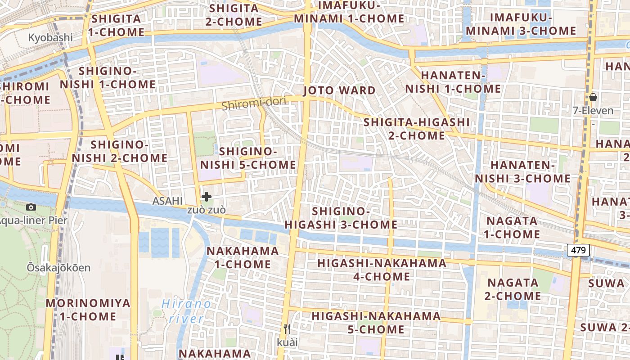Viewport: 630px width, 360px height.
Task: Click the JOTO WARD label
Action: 339,90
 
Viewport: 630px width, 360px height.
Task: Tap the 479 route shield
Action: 578,250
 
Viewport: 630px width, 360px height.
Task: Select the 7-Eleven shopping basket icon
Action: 593,97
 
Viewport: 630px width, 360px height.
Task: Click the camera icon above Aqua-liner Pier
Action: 31,207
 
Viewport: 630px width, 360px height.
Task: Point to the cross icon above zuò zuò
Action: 207,197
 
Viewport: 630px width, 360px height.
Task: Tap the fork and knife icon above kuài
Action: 287,329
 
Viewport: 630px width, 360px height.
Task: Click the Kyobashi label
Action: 50,37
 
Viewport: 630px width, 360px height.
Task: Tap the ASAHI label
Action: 167,201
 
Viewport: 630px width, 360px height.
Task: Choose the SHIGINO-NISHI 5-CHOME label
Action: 248,158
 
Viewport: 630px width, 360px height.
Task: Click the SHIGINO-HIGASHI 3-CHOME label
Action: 341,218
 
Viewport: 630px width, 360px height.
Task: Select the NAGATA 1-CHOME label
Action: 512,227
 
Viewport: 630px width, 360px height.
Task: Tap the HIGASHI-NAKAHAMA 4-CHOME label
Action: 382,270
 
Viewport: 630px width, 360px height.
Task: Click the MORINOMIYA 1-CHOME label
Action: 88,310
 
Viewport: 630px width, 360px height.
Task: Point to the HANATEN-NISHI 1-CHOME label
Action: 453,82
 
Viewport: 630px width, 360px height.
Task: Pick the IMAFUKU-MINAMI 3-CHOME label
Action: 521,24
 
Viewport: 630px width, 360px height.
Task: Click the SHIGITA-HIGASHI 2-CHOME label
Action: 416,129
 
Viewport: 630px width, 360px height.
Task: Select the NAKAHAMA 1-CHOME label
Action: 243,257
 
